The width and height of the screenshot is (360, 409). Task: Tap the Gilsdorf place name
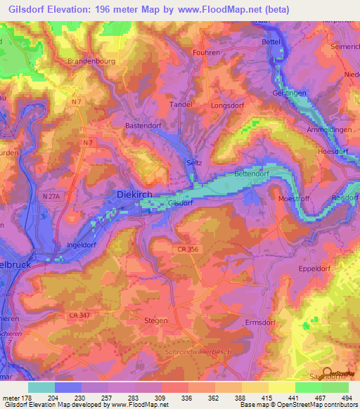[x=181, y=203]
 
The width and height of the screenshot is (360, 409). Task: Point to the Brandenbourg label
[x=90, y=61]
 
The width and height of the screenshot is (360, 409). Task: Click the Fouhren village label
[x=206, y=52]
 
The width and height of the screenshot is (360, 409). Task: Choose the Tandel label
[x=181, y=104]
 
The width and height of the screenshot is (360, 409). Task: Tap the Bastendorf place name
[x=144, y=125]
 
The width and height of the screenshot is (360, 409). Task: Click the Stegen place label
[x=156, y=320]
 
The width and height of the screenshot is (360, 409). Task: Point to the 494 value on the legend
[x=347, y=398]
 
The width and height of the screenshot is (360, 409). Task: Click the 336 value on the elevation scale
[x=188, y=398]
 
